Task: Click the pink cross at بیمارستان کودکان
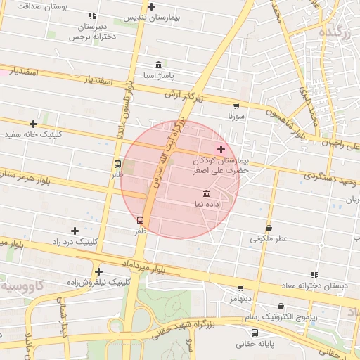tap(221, 149)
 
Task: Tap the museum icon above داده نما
tap(206, 193)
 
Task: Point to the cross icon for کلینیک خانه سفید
tap(33, 124)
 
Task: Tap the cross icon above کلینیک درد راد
tap(75, 231)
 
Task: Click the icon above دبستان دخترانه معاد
tap(314, 275)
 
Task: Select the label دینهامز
tap(239, 298)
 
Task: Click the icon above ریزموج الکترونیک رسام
tap(282, 307)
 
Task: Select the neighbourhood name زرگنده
tap(332, 31)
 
